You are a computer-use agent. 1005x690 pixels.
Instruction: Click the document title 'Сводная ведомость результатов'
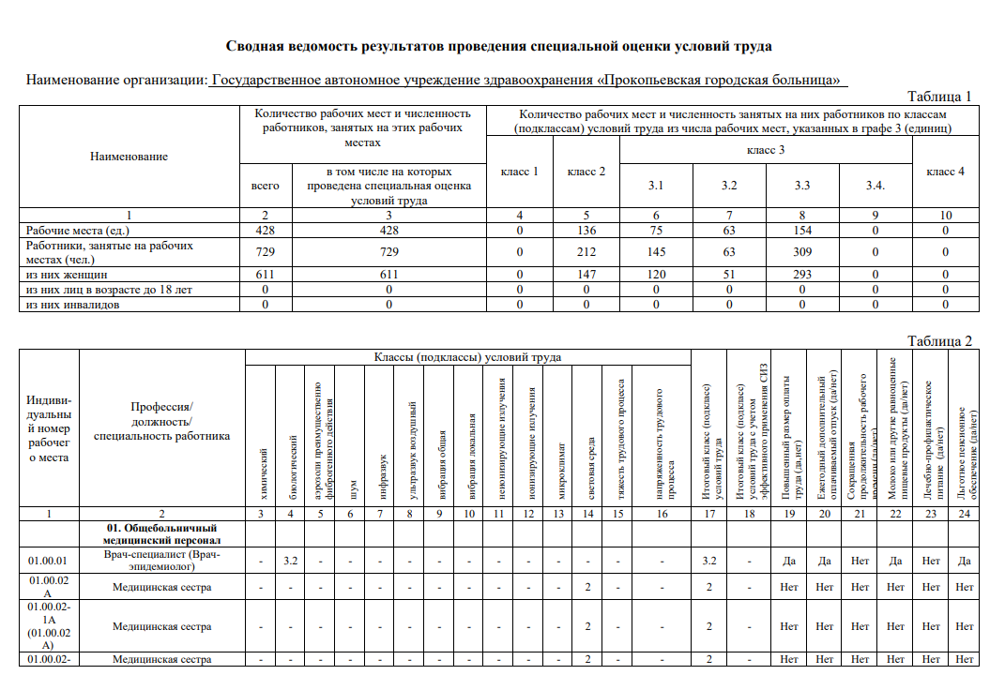pos(499,45)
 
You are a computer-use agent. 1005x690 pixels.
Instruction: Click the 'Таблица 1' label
pos(939,96)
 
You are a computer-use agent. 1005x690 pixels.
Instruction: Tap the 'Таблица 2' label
pos(939,341)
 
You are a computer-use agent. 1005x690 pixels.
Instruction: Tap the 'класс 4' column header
pos(945,172)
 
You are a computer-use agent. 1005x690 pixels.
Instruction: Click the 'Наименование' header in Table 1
pos(129,157)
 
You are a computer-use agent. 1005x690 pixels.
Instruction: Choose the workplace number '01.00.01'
pos(48,562)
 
